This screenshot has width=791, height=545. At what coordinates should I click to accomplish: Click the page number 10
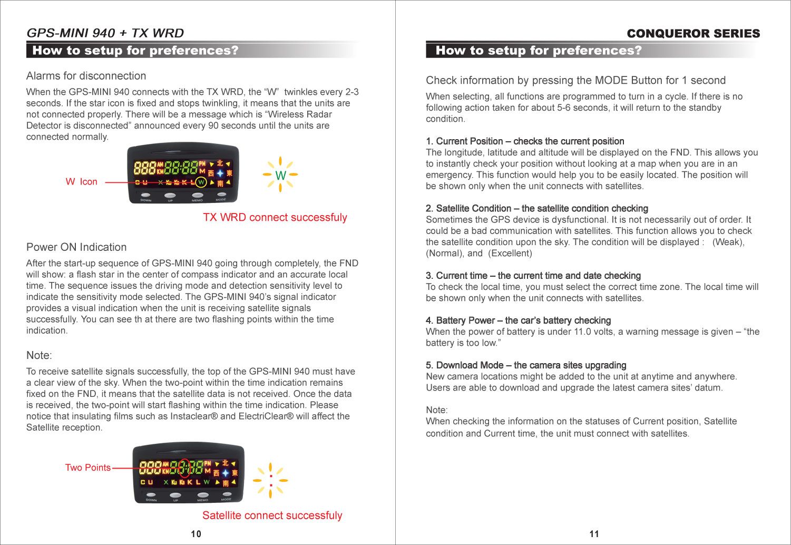pos(196,534)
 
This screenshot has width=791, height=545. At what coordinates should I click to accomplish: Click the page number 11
pos(594,534)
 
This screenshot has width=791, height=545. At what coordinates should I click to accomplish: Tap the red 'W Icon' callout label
pos(81,182)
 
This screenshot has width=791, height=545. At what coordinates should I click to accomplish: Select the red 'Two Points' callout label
pos(87,468)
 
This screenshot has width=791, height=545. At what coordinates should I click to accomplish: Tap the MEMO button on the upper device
pos(198,196)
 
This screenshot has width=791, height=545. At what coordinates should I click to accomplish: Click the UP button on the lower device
pos(175,495)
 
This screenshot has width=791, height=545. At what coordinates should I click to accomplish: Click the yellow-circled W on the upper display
pos(201,182)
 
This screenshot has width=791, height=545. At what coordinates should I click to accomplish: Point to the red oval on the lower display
pos(184,468)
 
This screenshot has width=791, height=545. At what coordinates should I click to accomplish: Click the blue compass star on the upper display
pos(220,173)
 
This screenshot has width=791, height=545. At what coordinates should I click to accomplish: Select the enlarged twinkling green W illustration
pos(280,175)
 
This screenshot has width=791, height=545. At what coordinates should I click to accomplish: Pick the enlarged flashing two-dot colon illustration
pos(270,480)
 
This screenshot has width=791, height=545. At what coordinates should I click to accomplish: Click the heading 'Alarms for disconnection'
pos(86,76)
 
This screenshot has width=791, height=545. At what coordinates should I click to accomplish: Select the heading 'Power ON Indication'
pos(76,247)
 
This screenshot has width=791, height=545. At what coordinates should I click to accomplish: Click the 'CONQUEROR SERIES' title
pos(693,34)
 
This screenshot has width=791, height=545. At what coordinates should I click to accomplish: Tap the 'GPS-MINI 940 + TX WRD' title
pos(105,33)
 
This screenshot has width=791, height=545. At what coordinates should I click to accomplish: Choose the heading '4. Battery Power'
pos(518,320)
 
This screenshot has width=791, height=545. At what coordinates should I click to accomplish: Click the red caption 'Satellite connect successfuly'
pos(272,515)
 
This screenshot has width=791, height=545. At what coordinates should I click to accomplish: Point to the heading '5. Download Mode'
pos(526,365)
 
